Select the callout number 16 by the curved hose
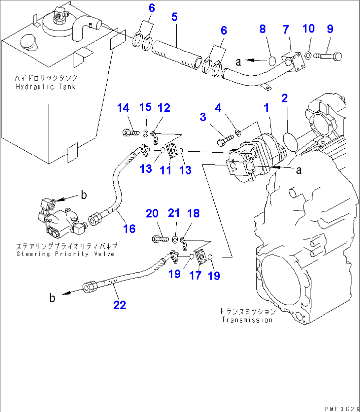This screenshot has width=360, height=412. [x=129, y=229]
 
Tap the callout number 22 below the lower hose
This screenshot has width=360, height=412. [x=120, y=305]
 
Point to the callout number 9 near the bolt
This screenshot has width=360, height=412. [x=330, y=29]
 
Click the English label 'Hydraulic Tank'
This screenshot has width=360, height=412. [x=46, y=87]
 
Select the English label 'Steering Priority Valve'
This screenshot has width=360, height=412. [x=65, y=254]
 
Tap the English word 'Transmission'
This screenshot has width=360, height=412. [x=247, y=320]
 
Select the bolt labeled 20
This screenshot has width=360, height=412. [x=161, y=238]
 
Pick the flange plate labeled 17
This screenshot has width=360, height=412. [x=200, y=257]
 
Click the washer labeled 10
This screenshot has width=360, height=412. [x=307, y=55]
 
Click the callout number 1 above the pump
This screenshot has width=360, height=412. [x=266, y=107]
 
